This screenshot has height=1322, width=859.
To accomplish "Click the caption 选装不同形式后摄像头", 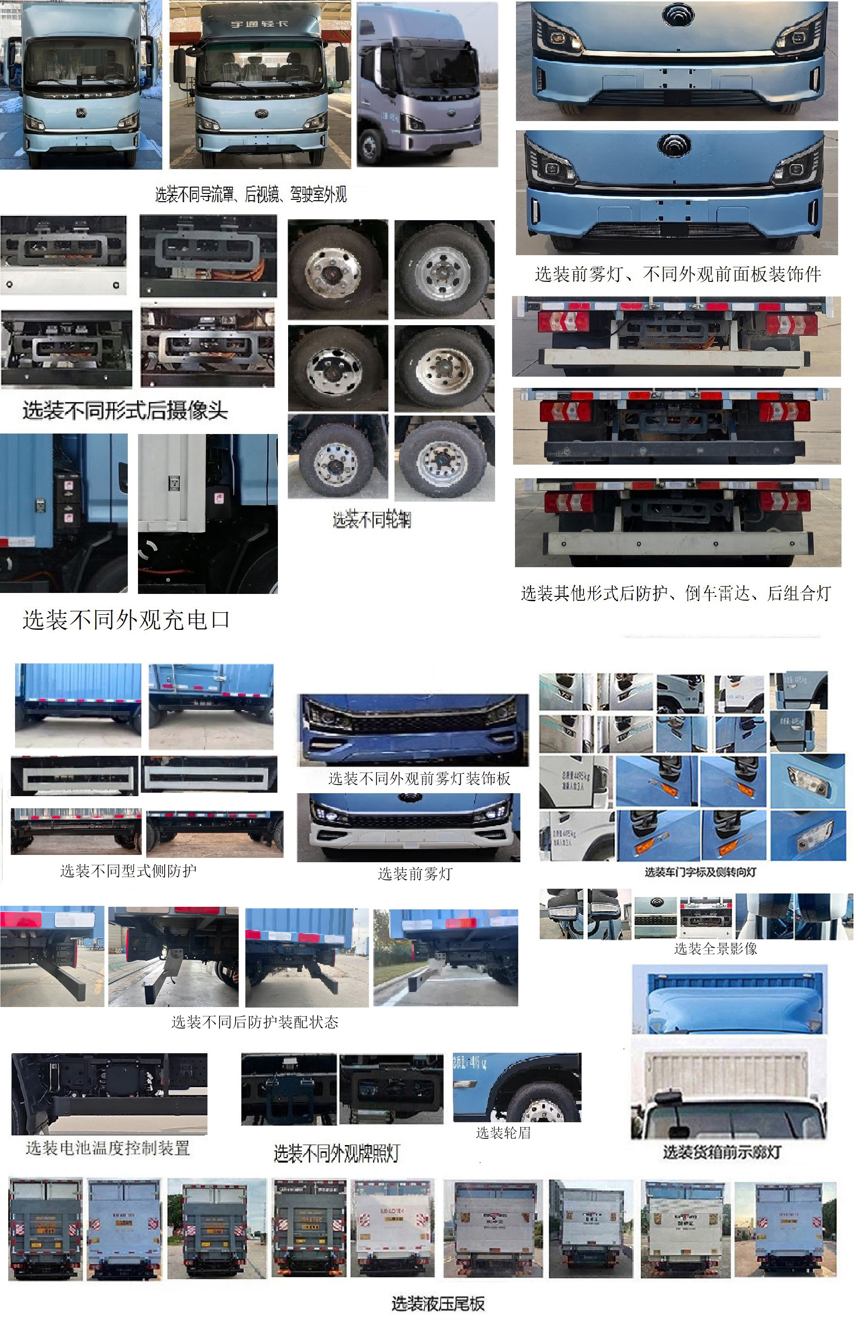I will tap(125, 411).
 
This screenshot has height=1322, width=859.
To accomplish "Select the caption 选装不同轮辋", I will tap(372, 520).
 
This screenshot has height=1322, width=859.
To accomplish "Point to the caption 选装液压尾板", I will tap(438, 1303).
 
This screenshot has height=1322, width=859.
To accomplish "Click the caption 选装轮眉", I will tap(503, 1133).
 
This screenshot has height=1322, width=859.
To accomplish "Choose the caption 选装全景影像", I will tap(715, 949).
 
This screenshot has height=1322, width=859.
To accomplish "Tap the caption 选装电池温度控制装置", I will tap(108, 1148).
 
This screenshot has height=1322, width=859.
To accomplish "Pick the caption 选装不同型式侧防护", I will tap(128, 870).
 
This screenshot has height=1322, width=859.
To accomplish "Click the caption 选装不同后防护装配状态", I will tap(255, 1022).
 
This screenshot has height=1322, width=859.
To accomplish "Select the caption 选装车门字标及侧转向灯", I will tap(700, 872).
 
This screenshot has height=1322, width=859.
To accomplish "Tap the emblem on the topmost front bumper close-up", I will tap(677, 14).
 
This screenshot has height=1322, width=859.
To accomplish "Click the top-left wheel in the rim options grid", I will tap(338, 269).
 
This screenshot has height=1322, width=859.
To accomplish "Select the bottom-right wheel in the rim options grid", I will tap(444, 458).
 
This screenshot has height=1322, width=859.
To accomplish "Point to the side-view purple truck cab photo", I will tap(427, 85).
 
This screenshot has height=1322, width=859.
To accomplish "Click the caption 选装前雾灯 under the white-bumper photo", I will tap(415, 874).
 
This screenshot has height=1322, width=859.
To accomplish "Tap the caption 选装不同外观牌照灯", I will tap(337, 1154).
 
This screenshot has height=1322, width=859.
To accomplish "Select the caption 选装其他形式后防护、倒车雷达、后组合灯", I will tap(676, 593).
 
